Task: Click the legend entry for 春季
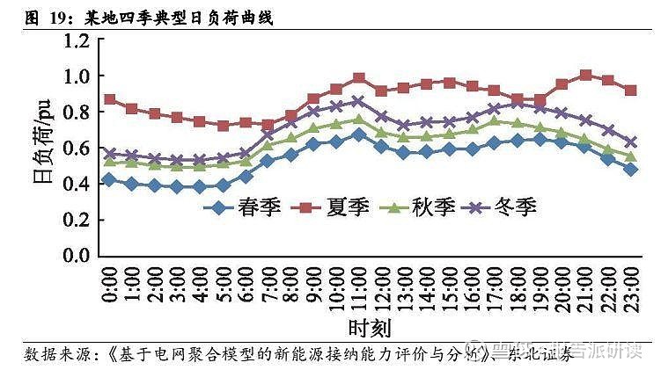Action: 253,208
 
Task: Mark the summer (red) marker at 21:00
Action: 586,75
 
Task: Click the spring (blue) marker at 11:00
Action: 358,134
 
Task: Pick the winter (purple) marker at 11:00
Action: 358,101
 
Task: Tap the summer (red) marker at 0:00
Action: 109,99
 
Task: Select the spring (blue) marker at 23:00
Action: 632,169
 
